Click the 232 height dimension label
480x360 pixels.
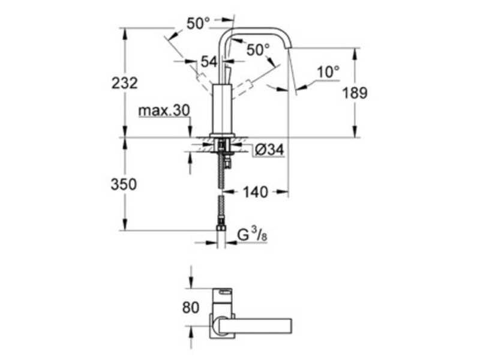click(125, 83)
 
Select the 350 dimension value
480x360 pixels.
click(124, 185)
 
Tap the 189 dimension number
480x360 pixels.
click(355, 93)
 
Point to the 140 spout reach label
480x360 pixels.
click(256, 192)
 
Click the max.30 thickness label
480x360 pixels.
click(164, 110)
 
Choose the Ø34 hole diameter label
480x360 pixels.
click(269, 149)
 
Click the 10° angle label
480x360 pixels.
click(328, 72)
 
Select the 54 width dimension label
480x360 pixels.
click(209, 62)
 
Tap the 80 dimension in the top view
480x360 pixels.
click(191, 308)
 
